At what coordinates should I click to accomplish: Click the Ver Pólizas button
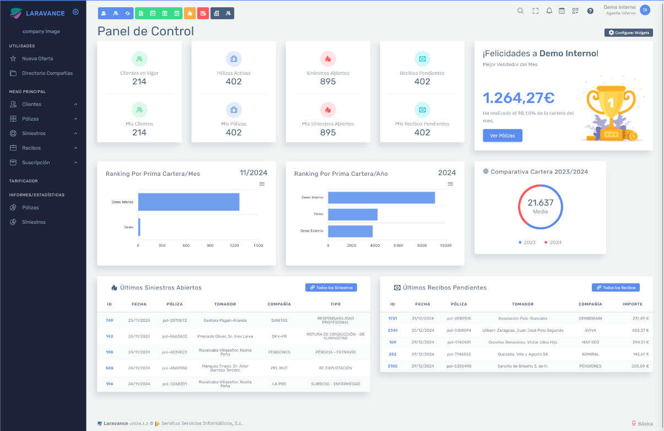click(503, 136)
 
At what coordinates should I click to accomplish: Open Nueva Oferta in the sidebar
click(37, 58)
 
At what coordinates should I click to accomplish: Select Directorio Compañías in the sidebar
click(47, 73)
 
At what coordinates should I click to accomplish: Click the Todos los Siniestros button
click(331, 288)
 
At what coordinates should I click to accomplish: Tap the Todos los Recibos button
click(616, 288)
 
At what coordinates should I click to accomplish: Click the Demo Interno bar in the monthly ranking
click(188, 202)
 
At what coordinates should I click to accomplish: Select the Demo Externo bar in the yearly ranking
click(350, 231)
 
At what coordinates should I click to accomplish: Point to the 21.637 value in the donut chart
click(540, 203)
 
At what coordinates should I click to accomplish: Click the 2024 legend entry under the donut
click(553, 243)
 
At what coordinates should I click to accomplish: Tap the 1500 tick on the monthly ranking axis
click(258, 246)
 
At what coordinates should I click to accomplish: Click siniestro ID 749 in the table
click(109, 320)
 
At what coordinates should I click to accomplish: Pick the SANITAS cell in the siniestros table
click(279, 320)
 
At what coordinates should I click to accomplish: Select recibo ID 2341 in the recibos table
click(392, 330)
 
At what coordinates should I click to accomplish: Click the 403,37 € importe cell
click(640, 330)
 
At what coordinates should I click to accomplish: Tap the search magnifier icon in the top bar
click(520, 10)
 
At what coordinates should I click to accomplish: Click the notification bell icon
click(549, 10)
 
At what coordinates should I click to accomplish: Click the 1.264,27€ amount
click(519, 98)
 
